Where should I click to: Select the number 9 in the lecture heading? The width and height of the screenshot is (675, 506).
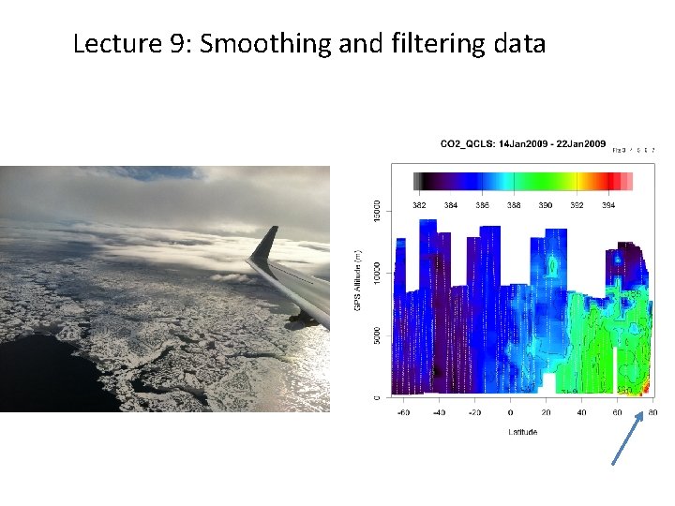(x=178, y=44)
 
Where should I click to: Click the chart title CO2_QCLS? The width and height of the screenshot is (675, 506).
(x=468, y=143)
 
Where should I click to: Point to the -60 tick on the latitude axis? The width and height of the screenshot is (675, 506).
(x=404, y=412)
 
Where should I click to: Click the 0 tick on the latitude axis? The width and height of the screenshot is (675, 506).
(x=511, y=412)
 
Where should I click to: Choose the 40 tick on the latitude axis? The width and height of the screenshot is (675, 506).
(x=581, y=412)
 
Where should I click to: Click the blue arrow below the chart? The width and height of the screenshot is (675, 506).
(x=627, y=437)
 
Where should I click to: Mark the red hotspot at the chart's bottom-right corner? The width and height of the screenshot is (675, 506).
(x=645, y=393)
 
